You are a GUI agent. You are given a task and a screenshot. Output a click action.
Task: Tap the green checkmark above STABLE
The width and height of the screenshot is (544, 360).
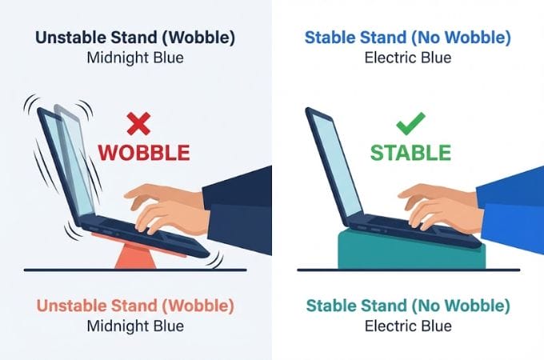(410, 124)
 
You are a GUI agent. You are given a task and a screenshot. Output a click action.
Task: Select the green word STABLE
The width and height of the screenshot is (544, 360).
(410, 152)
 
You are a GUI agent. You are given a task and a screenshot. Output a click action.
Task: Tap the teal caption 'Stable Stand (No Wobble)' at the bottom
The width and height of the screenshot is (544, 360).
(408, 306)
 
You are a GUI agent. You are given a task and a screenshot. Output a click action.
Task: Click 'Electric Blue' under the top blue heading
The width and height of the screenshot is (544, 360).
(408, 58)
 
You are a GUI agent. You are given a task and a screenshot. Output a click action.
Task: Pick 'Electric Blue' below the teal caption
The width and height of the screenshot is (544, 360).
(408, 326)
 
